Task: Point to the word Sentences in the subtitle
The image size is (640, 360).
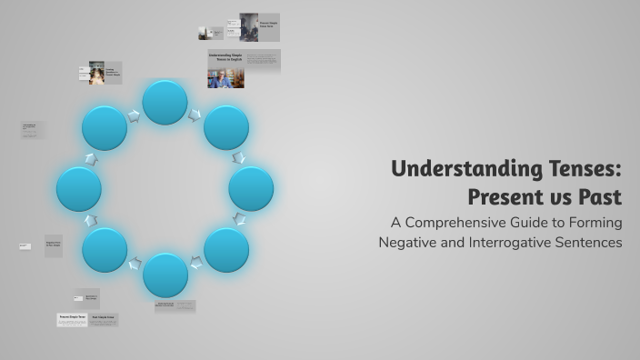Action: [x=590, y=243]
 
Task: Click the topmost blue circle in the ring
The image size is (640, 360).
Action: [x=165, y=102]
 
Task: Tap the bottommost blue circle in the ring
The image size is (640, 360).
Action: [x=165, y=275]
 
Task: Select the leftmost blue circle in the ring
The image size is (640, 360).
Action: [x=78, y=189]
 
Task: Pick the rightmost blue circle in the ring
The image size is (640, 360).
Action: [x=251, y=189]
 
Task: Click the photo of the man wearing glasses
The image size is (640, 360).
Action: [x=220, y=79]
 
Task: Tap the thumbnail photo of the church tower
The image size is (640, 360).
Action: [x=248, y=27]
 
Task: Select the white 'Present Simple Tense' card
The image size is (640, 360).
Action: [x=72, y=319]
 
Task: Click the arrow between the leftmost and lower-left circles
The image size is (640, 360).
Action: [x=90, y=220]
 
